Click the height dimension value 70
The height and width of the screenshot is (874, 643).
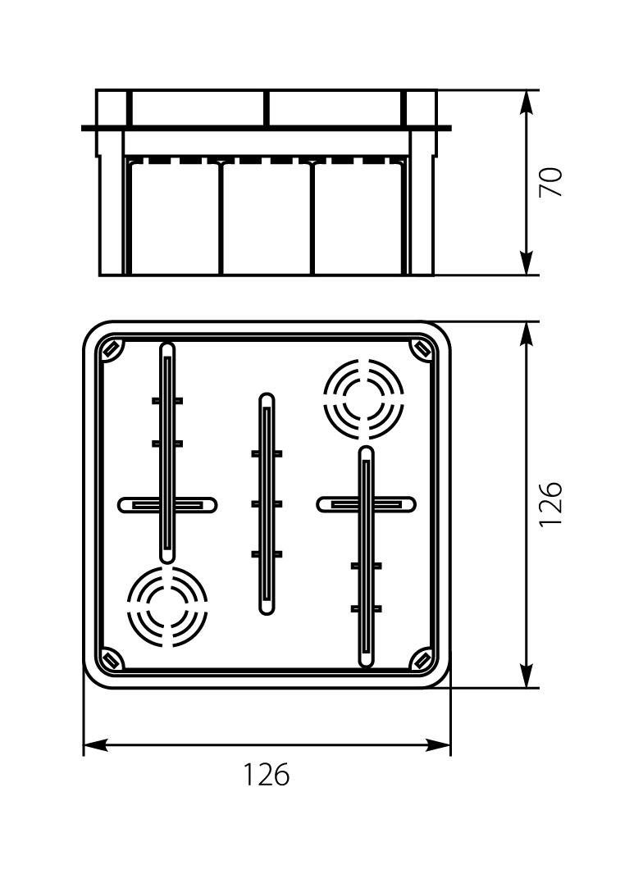click(x=551, y=182)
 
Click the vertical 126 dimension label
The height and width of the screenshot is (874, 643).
click(x=551, y=504)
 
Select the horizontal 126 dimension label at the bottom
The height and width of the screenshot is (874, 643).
click(x=267, y=774)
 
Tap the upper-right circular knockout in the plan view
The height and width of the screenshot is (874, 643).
click(x=364, y=398)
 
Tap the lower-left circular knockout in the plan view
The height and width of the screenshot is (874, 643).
click(x=166, y=607)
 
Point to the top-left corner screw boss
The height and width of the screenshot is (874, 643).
click(x=111, y=349)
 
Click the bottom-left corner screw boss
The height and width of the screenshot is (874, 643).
click(x=111, y=661)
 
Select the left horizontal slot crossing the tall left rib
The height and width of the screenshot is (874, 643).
click(x=167, y=504)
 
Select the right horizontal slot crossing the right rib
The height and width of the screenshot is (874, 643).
click(x=366, y=504)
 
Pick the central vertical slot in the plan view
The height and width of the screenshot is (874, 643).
click(x=267, y=504)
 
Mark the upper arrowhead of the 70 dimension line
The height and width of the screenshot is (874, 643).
click(x=526, y=103)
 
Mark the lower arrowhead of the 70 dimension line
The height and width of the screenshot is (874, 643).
click(x=526, y=262)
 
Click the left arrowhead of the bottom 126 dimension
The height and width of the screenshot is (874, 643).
click(x=96, y=744)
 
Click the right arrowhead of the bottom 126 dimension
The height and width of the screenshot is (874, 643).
click(x=438, y=744)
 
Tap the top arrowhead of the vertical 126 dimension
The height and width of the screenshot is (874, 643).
click(x=526, y=335)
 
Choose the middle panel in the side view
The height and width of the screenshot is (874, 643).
click(x=267, y=218)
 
